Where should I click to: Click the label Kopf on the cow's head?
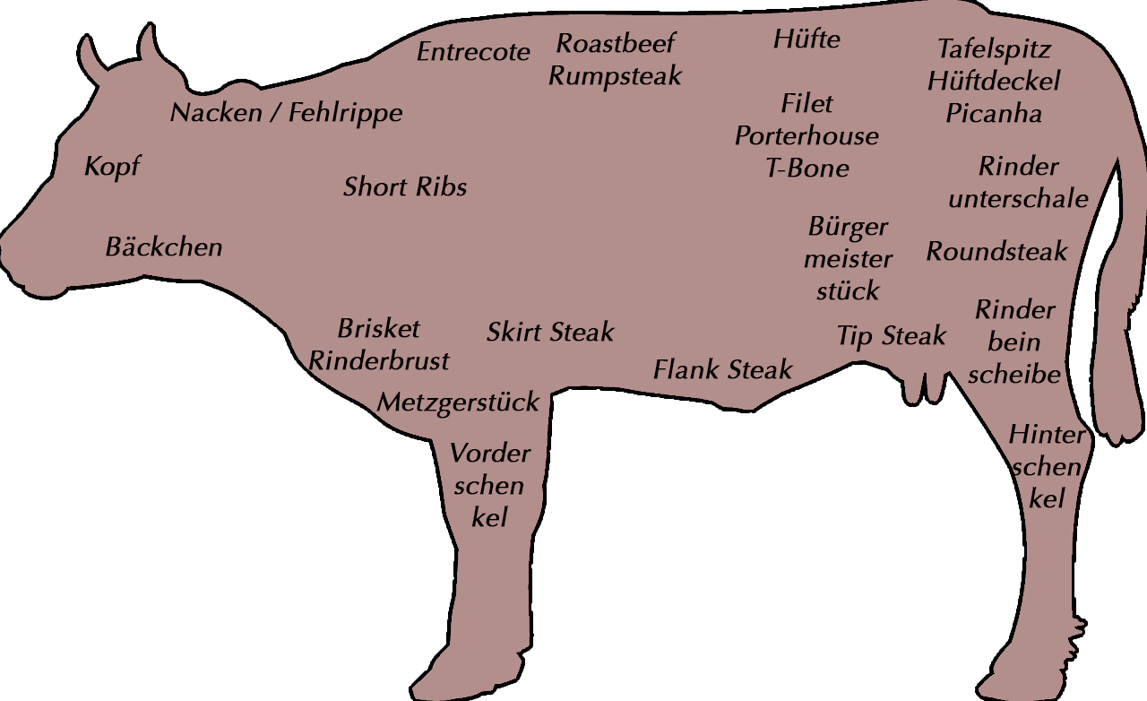(112, 167)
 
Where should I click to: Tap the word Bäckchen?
(164, 247)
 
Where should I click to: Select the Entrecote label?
(473, 52)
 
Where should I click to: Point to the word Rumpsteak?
(615, 76)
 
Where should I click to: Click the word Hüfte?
(806, 39)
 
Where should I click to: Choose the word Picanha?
(993, 114)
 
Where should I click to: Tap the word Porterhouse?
(806, 136)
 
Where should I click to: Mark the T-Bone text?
(806, 169)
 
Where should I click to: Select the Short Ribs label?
(405, 187)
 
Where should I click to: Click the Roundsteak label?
(996, 251)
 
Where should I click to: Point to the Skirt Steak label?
(550, 333)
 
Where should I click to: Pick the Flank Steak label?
(722, 369)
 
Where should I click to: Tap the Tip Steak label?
(891, 336)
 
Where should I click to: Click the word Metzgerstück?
(458, 402)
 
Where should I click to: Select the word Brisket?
(378, 328)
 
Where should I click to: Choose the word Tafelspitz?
(993, 48)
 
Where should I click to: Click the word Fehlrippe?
(346, 114)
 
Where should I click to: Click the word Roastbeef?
(615, 43)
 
